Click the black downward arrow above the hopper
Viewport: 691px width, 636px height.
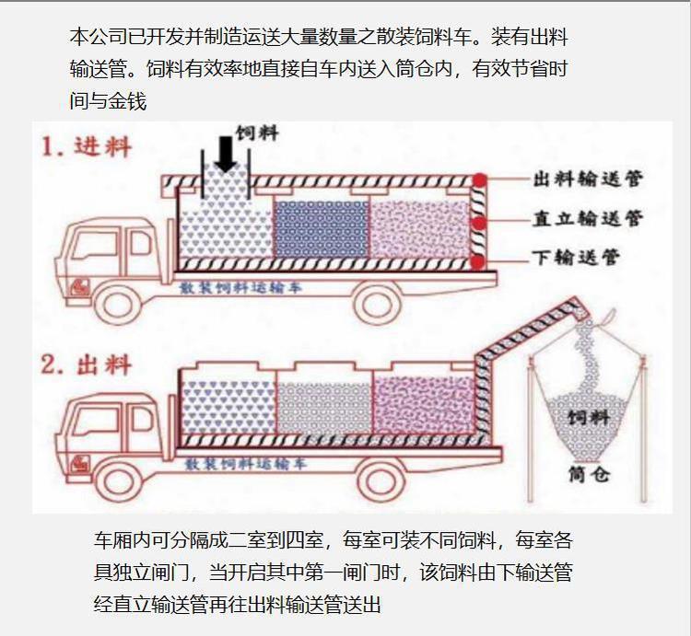(225, 152)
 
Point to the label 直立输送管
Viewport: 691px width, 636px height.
(589, 219)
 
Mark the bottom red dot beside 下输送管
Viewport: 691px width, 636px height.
(477, 261)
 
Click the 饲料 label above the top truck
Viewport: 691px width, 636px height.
(259, 134)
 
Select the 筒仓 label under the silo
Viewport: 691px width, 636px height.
(589, 476)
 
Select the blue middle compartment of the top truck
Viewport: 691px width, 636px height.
(320, 226)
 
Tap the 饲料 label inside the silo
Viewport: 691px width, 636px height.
(589, 419)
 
